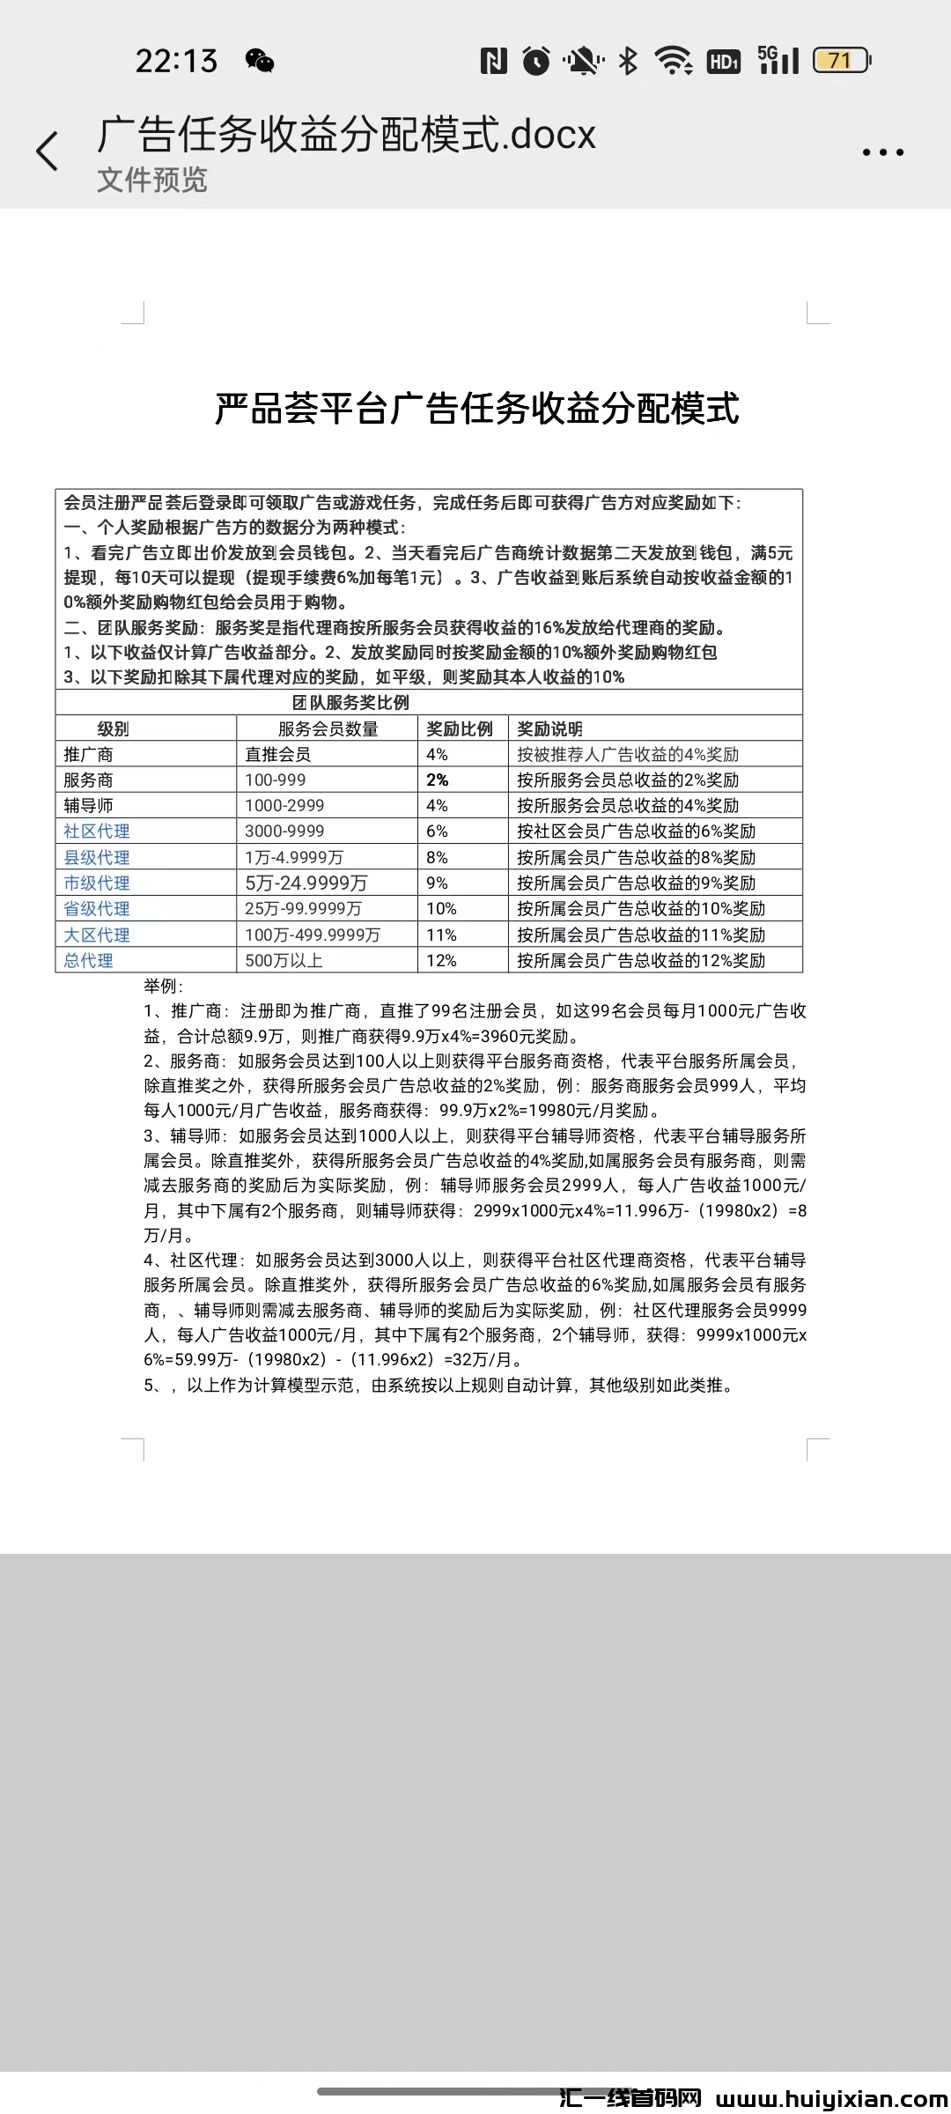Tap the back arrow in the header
pos(48,152)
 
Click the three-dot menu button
pos(882,152)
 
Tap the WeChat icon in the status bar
pos(260,61)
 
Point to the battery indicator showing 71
pos(841,61)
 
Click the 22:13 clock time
pos(176,61)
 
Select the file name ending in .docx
pos(346,135)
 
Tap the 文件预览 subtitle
pos(151,180)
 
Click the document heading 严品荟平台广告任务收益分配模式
pos(476,409)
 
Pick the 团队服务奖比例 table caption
pos(350,703)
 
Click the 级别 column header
pos(113,728)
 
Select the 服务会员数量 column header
pos(328,728)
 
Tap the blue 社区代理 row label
pos(97,832)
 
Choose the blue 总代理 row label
pos(88,960)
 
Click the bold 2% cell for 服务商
pos(438,780)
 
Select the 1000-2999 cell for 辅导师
pos(284,805)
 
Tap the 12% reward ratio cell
pos(441,960)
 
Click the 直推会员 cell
pos(278,754)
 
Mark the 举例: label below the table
pos(164,986)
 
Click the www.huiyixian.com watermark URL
pos(831,2100)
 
